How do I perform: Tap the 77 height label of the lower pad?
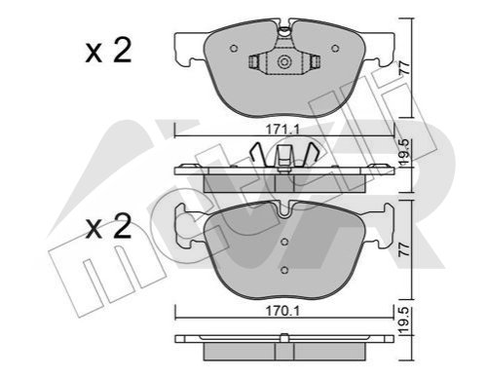[404, 249]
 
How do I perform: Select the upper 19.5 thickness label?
[404, 153]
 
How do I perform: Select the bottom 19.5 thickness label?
[404, 321]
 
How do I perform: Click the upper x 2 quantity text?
[108, 51]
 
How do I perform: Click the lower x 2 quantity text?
[108, 227]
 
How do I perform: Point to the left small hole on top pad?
[234, 49]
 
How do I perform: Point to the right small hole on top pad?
[335, 49]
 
